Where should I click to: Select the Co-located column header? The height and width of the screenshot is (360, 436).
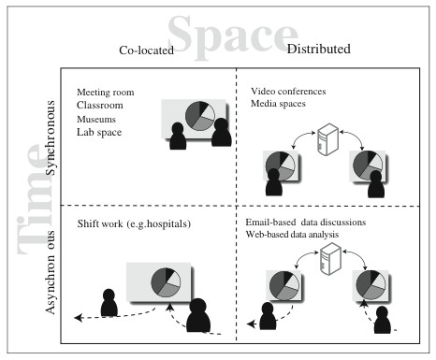[x=146, y=50]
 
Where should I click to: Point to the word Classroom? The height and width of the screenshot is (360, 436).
[x=101, y=105]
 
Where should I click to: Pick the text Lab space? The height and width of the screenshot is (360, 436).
[x=101, y=132]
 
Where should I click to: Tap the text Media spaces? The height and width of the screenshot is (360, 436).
[x=280, y=104]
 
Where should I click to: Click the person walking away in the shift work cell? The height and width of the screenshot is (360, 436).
[x=109, y=302]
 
